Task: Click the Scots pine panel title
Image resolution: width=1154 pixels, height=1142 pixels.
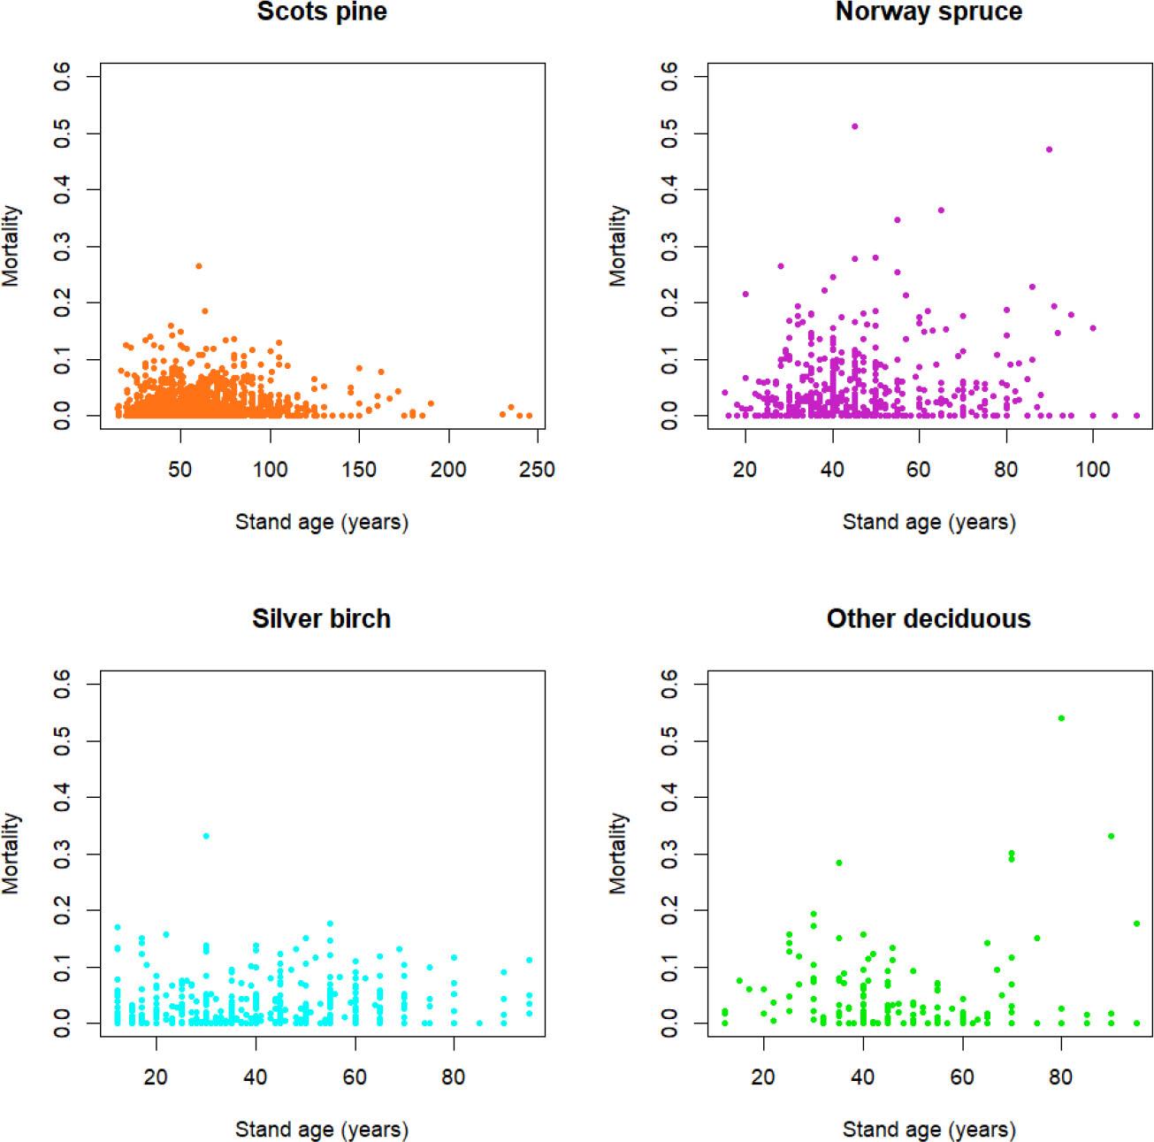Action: [322, 11]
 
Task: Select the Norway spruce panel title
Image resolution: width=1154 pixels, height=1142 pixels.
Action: [929, 11]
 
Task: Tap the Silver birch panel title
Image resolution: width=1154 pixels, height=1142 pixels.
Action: [322, 618]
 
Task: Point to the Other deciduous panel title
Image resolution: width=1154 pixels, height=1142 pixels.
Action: [929, 618]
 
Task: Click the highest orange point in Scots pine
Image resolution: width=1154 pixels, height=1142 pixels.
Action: [199, 265]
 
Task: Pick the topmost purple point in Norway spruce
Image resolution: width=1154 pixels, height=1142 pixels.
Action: [854, 126]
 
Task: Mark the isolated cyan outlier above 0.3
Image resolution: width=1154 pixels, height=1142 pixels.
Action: [206, 836]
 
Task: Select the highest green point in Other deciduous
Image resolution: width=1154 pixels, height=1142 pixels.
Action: [1061, 718]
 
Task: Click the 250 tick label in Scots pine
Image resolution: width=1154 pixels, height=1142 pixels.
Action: [537, 470]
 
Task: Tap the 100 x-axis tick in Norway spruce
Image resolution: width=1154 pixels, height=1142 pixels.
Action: [1093, 470]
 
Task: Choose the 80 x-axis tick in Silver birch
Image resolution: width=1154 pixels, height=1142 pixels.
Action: [454, 1077]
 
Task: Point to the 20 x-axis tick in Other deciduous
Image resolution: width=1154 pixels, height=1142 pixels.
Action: [763, 1077]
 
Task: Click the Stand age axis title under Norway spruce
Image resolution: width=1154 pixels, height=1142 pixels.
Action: [929, 523]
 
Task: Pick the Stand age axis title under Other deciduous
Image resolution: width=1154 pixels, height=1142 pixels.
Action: [929, 1130]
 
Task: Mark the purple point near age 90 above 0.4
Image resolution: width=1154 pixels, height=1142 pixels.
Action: [1049, 149]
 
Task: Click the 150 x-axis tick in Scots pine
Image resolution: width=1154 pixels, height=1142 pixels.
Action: [359, 470]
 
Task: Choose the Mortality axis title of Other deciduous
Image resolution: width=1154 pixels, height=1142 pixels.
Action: [618, 854]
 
